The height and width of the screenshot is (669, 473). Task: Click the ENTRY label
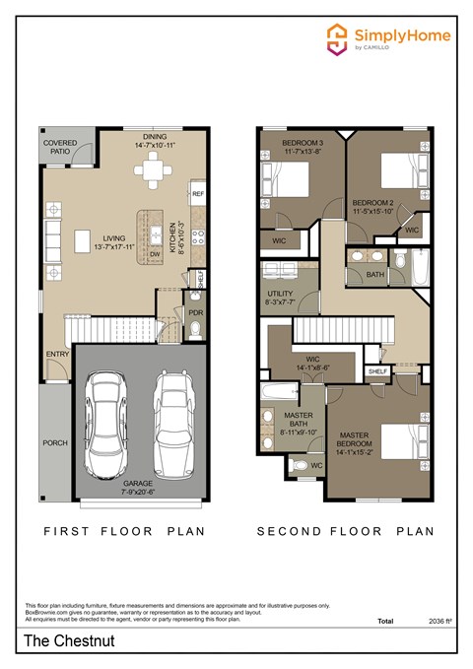coord(56,355)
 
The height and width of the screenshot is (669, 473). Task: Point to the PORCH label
coord(55,442)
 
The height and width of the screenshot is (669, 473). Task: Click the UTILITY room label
coord(281,295)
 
